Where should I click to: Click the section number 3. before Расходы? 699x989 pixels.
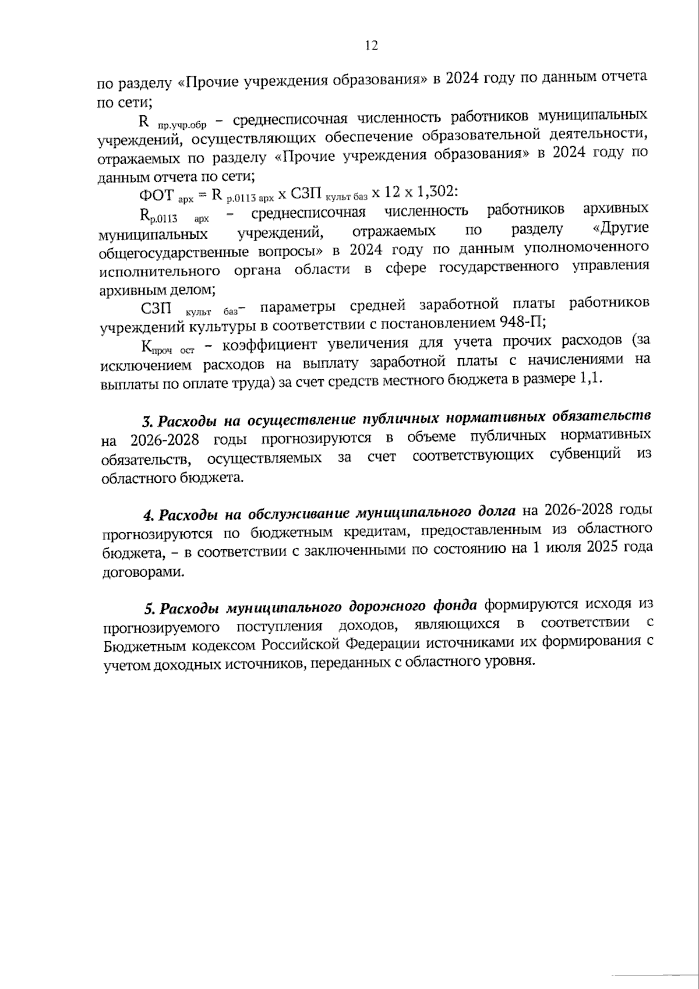click(x=147, y=421)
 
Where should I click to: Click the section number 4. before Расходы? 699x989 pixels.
click(x=149, y=515)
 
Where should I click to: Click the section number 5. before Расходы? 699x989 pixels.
click(x=150, y=609)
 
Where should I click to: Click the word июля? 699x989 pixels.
click(x=563, y=548)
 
